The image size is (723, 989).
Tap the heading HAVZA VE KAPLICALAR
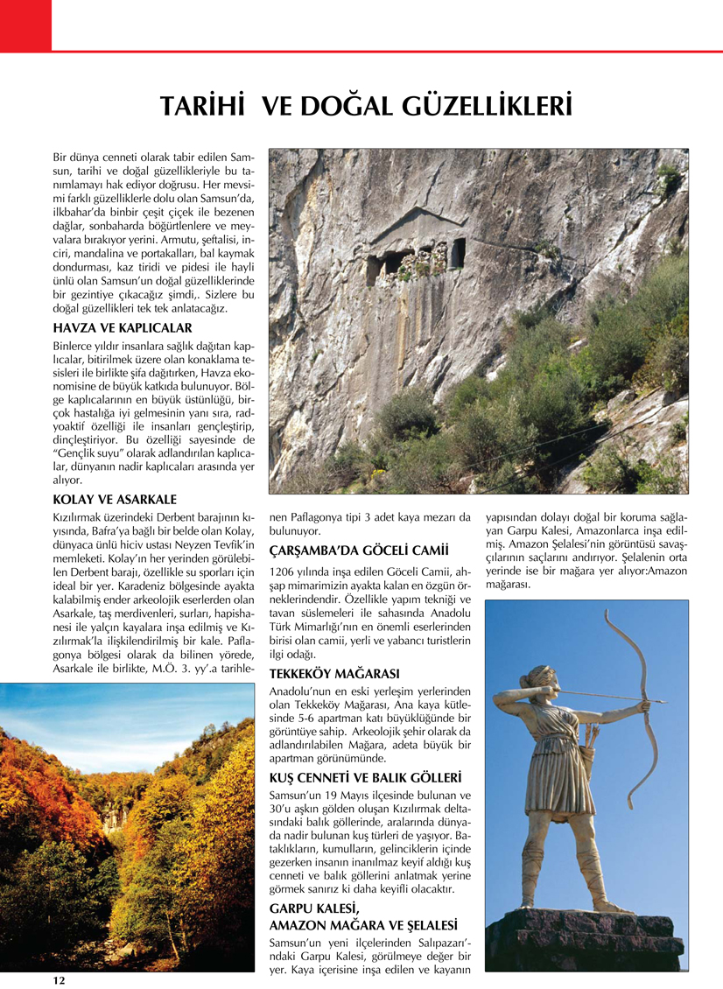(x=123, y=328)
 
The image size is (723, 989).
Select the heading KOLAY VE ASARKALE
(x=115, y=500)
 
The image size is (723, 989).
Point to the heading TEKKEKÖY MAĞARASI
(x=334, y=674)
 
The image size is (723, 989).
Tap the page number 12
(x=59, y=980)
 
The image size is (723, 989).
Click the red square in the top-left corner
(x=26, y=25)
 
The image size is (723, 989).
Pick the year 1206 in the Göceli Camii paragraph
(x=283, y=572)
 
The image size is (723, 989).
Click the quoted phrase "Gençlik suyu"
(x=93, y=453)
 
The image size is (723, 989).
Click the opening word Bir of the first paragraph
(x=63, y=156)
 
